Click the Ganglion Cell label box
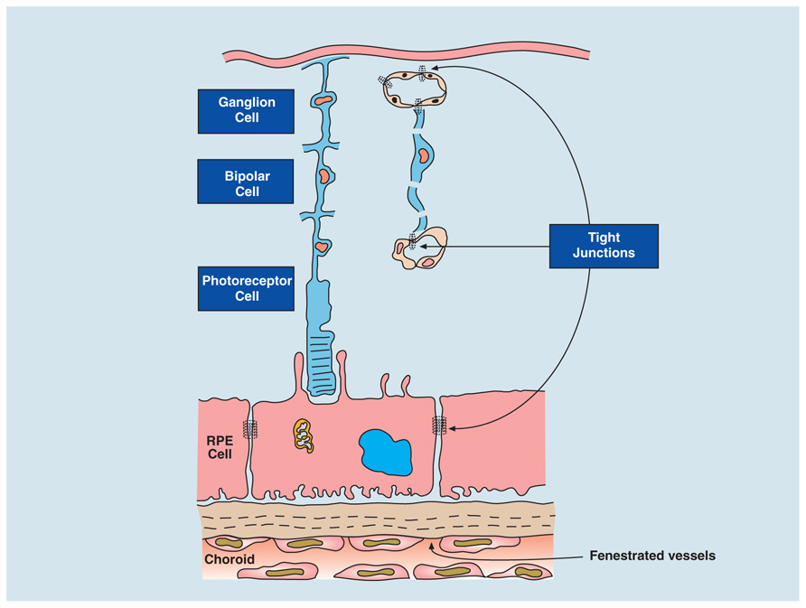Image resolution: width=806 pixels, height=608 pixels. (246, 111)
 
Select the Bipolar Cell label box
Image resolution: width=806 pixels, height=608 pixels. (246, 182)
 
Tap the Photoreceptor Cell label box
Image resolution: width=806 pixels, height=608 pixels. (246, 288)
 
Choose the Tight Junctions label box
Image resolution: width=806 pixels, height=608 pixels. (604, 246)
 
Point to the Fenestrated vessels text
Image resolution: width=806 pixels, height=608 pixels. (652, 556)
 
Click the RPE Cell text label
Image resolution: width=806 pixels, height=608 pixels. (220, 447)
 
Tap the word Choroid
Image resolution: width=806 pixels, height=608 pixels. (230, 559)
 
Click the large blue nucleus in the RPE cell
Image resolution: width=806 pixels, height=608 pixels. (386, 453)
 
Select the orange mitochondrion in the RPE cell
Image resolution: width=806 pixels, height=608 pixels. (304, 435)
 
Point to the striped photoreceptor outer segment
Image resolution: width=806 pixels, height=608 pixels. (322, 362)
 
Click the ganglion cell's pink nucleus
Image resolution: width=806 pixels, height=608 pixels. (324, 99)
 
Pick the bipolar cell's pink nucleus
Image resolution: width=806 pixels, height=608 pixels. (324, 176)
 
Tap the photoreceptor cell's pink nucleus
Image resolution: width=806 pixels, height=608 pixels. (322, 248)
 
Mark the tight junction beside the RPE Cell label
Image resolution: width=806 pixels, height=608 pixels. (250, 428)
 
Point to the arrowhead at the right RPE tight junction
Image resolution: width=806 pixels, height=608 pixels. (451, 427)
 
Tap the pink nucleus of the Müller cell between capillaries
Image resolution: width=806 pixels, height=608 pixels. (423, 154)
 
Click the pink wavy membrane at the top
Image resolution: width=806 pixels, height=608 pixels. (406, 54)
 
